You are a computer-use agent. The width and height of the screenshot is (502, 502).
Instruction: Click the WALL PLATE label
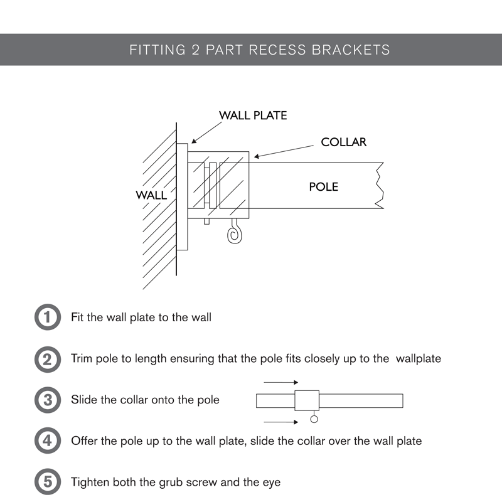(x=252, y=115)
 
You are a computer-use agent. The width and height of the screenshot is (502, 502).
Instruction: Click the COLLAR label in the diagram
(x=343, y=142)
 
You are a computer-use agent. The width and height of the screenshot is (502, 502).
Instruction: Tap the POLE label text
(x=323, y=187)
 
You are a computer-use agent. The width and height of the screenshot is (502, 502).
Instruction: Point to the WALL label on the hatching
(x=151, y=195)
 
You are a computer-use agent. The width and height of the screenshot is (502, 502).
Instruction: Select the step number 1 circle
(x=46, y=317)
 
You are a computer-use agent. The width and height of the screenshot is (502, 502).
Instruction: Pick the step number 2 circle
(x=46, y=359)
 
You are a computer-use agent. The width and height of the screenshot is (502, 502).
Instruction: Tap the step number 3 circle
(x=46, y=400)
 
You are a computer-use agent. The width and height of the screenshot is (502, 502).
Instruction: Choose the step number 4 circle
(x=46, y=441)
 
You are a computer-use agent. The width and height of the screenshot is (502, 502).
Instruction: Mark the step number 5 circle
(x=46, y=482)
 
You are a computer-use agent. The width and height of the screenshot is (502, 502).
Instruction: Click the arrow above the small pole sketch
(x=280, y=382)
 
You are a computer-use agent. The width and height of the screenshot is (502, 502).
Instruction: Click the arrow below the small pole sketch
(x=280, y=422)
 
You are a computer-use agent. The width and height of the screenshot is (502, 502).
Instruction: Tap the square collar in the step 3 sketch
(x=307, y=400)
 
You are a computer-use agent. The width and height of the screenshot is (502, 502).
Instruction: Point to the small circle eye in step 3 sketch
(x=314, y=419)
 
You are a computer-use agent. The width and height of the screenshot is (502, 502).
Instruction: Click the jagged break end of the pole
(x=379, y=186)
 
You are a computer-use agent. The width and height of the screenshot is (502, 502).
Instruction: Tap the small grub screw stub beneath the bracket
(x=206, y=221)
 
